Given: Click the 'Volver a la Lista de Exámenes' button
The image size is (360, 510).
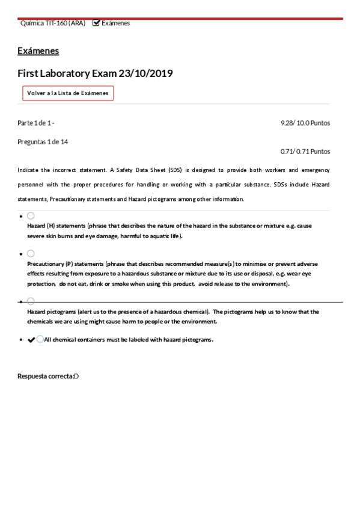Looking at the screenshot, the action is point(68,93).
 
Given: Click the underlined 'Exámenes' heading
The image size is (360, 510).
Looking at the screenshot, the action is point(38,51).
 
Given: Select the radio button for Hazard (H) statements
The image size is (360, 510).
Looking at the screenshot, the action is point(31,215).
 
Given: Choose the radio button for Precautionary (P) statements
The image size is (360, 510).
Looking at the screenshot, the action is point(31,254).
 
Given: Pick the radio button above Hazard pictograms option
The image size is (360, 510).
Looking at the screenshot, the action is point(31,301).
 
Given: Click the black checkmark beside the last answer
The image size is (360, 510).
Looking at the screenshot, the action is point(31,340).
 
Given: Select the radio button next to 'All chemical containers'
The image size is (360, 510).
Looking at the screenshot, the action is point(40,339).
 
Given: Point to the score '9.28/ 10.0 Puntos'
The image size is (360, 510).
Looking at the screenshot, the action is point(305,123).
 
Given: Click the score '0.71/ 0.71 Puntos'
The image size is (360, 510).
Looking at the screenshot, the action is point(305,152).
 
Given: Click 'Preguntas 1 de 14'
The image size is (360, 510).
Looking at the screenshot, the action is point(43,142).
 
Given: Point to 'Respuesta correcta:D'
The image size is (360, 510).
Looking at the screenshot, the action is point(48,376).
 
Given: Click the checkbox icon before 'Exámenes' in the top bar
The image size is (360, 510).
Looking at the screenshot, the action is point(96,23).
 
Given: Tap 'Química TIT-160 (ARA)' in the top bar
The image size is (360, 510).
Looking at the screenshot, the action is point(53,23).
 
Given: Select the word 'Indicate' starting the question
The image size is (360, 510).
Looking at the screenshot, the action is point(29,170).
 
